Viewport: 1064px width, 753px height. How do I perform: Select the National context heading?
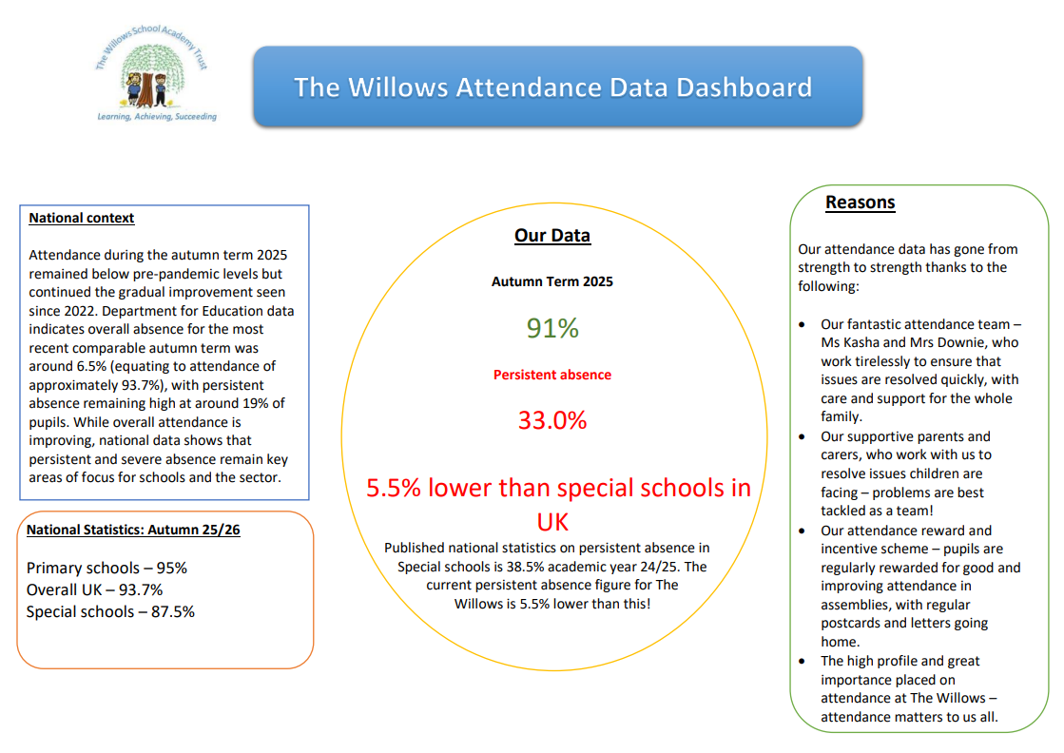click(82, 218)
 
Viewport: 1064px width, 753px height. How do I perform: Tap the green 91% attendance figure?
click(552, 329)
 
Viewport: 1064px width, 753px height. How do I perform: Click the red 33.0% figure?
click(552, 419)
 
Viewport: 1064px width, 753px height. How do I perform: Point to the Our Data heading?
click(552, 236)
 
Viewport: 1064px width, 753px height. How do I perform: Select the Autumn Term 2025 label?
click(552, 281)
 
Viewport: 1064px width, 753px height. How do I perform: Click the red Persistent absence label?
click(552, 375)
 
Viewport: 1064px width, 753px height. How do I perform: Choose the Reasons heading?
click(860, 203)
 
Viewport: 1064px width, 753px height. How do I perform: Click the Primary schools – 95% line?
click(106, 569)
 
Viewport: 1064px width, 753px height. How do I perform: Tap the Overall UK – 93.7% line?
click(94, 590)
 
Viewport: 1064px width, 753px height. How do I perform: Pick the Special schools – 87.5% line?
click(110, 612)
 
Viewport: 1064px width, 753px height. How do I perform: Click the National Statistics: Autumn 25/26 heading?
click(133, 530)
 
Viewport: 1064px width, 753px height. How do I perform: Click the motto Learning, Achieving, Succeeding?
click(158, 117)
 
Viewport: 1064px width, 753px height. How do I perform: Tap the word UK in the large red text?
click(552, 522)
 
